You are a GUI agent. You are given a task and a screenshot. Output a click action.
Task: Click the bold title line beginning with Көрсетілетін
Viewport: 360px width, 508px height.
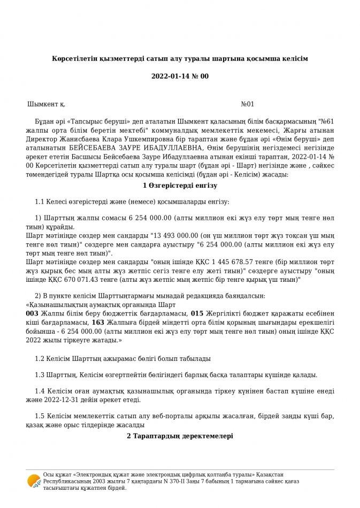pos(180,57)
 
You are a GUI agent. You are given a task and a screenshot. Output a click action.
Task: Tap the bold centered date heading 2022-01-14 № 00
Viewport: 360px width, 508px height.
pos(180,76)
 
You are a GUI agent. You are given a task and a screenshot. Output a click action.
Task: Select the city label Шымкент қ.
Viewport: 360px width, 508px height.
pos(47,104)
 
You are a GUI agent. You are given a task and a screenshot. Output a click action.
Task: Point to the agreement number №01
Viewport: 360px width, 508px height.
pos(248,104)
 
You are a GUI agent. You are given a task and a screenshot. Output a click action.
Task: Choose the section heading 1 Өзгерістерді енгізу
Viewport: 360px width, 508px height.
pos(180,186)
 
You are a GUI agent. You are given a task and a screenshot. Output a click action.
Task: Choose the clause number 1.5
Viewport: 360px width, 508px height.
pos(40,415)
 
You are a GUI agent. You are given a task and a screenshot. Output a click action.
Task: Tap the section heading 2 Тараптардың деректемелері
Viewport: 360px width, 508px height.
pos(180,436)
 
